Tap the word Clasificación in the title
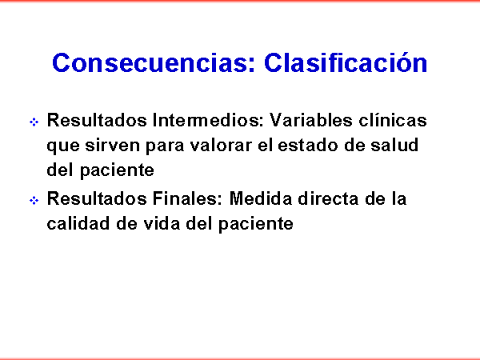[346, 62]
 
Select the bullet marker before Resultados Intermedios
[34, 122]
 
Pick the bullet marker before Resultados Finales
[34, 201]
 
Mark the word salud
[394, 145]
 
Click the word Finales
[187, 198]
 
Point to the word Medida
[261, 198]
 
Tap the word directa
[328, 198]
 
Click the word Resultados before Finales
[97, 198]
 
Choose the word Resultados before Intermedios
[97, 120]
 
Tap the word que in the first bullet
[63, 146]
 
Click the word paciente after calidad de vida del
[256, 225]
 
